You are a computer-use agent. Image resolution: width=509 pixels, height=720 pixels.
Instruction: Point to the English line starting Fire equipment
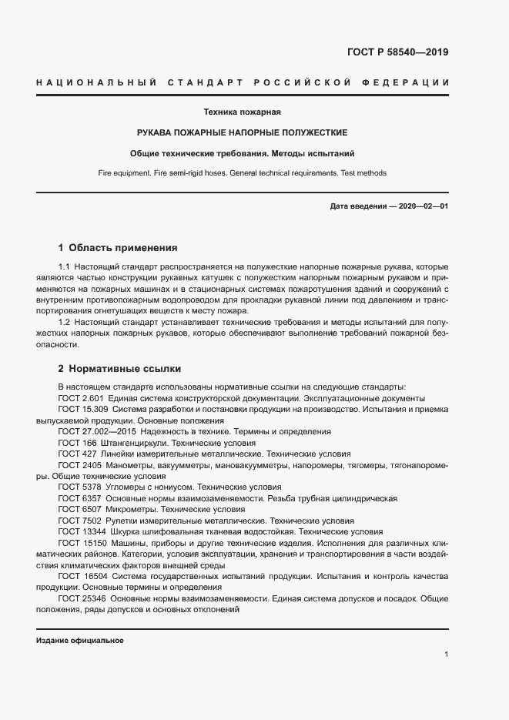pos(243,173)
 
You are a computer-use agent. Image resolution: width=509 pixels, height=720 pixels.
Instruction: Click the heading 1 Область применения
pos(118,248)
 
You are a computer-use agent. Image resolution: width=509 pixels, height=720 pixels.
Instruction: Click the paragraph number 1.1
pos(65,266)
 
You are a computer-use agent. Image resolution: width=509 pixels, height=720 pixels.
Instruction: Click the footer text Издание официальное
pos(80,641)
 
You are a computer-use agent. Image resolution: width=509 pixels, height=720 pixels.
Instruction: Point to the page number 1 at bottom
pos(447,655)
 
